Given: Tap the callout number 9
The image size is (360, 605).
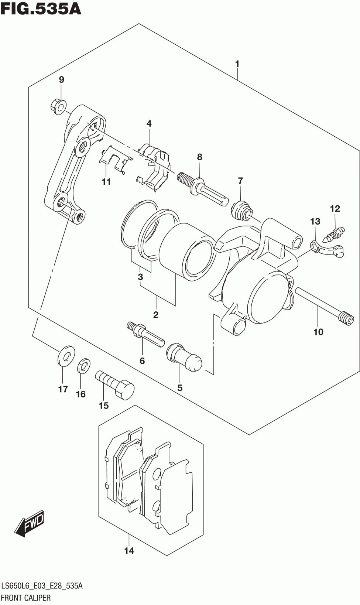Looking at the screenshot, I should click(61, 80).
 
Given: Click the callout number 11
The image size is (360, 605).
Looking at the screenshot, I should click(106, 182).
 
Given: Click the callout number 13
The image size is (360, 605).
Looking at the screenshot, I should click(315, 222).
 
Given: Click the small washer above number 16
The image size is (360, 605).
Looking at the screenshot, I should click(84, 366).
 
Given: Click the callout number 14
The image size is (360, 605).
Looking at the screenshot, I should click(129, 551).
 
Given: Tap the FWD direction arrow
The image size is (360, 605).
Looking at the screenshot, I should click(30, 524).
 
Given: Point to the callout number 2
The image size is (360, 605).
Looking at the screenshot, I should click(155, 315).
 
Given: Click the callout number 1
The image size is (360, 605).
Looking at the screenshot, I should click(237, 64).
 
